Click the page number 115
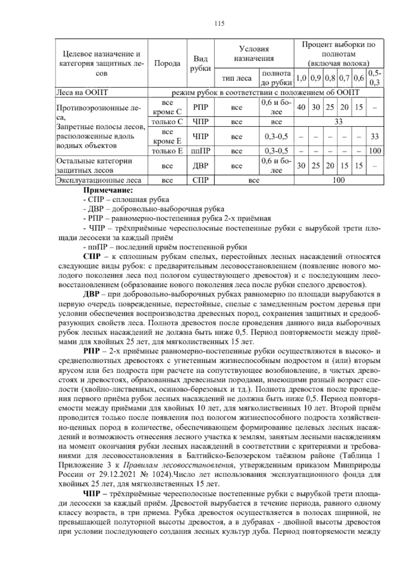(x=219, y=24)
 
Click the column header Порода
(x=167, y=63)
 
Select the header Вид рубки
(x=201, y=63)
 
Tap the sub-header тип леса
(x=237, y=78)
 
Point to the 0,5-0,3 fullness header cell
(x=375, y=78)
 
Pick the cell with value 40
(x=301, y=107)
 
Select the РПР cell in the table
(x=201, y=107)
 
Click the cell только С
(x=167, y=122)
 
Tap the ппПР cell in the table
(x=201, y=151)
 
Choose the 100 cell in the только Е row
(x=375, y=151)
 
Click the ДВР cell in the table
(x=201, y=166)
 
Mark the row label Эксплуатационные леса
(x=99, y=180)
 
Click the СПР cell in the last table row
(x=201, y=180)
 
